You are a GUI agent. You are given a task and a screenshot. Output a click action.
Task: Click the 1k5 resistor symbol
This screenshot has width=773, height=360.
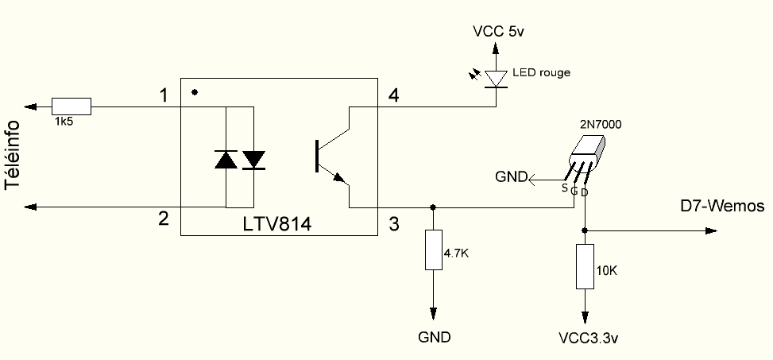pos(72,106)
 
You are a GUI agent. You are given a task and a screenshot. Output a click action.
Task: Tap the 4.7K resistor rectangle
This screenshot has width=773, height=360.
pos(433,250)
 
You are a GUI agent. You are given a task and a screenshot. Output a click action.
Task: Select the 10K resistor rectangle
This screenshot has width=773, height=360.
pos(585,266)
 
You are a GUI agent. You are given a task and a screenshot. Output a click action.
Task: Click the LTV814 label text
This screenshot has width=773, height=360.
pos(277,224)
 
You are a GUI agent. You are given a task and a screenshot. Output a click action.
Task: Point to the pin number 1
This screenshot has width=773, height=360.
pos(164,95)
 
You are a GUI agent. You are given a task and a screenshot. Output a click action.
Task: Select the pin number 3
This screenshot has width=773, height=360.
pos(393,224)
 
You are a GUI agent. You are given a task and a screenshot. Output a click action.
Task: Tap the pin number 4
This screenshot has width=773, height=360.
pos(393,95)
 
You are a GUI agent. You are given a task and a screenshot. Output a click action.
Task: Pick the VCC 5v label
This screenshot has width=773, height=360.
pos(498,32)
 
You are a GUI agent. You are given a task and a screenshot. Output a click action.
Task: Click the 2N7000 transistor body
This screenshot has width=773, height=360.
pos(586,154)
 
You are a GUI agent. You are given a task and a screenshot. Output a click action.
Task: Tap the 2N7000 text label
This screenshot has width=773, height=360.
pos(601,125)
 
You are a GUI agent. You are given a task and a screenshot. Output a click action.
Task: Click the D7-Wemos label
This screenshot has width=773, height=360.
pos(722,206)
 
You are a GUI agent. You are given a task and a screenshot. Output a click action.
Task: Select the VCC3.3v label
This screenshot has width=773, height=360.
pos(589,339)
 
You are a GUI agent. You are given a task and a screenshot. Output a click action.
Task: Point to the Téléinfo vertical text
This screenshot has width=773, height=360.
pos(13,155)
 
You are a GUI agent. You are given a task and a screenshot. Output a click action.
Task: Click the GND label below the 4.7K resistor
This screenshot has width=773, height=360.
pos(435,337)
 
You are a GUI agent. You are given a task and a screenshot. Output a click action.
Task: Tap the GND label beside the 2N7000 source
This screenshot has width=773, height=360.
pos(511,177)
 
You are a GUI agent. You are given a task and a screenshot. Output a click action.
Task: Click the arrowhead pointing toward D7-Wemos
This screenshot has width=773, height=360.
pos(711,230)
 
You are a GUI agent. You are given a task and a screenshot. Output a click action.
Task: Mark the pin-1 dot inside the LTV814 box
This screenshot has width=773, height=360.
pos(195,91)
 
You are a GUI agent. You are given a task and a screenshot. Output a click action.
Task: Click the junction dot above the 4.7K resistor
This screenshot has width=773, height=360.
pos(433,207)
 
